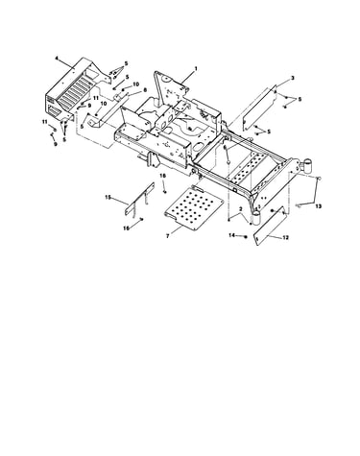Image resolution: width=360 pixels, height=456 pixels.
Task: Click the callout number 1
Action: pos(196,68)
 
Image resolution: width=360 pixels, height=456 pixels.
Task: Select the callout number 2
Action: pos(240,209)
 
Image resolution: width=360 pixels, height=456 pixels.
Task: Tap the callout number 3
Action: pos(293,78)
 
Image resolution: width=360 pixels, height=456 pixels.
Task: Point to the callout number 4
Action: pos(57,59)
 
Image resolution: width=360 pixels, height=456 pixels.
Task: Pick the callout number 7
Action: pos(167,236)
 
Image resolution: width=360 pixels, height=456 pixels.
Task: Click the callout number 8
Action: pos(145,90)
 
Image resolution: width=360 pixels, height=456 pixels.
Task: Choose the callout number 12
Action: pos(286,237)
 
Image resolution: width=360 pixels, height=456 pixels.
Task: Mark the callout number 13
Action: pos(318,206)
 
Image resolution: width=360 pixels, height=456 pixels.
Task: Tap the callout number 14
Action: pos(232,235)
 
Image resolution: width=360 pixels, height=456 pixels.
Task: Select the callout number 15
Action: pos(108,198)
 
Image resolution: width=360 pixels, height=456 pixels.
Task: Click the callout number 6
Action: pos(225,147)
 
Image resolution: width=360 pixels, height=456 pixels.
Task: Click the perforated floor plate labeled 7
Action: pos(193,208)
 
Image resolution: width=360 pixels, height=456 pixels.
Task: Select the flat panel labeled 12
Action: pos(271,227)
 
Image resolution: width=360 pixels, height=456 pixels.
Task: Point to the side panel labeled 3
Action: pos(259,108)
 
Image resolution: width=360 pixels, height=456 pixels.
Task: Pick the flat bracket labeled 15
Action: pos(139,199)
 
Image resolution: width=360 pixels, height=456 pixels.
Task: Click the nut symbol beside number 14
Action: pos(245,236)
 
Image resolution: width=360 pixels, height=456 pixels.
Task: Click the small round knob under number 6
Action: pos(228,163)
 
